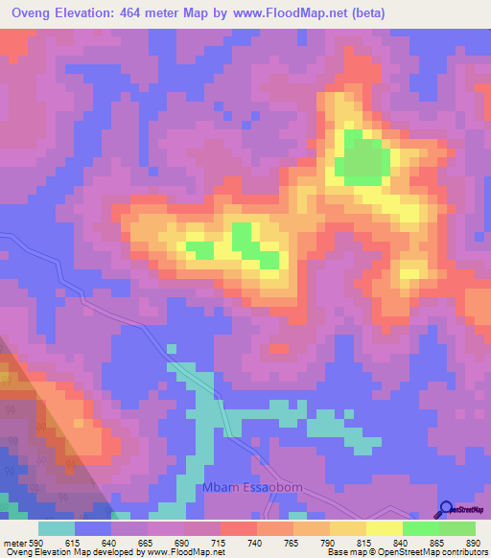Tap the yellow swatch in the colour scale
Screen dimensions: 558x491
(384, 528)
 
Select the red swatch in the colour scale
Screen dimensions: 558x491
(238, 528)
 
